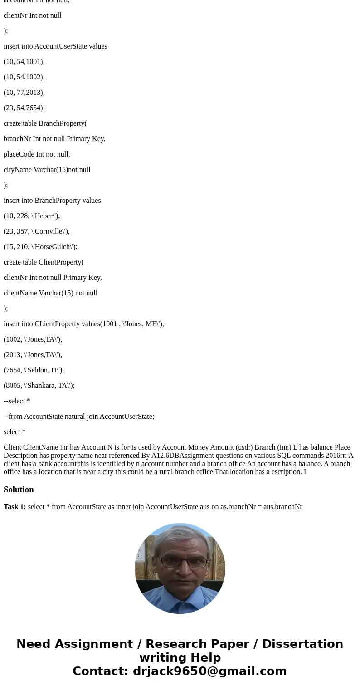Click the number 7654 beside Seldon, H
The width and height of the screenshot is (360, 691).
click(13, 370)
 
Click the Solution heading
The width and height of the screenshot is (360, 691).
click(19, 490)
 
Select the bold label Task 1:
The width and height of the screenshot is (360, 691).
click(15, 507)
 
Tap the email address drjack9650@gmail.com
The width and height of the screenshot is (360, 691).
click(209, 671)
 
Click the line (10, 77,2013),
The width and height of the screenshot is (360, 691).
click(24, 93)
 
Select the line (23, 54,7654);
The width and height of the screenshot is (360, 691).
click(24, 108)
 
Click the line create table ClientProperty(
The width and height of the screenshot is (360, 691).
click(44, 262)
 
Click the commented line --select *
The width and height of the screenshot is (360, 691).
click(17, 401)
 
